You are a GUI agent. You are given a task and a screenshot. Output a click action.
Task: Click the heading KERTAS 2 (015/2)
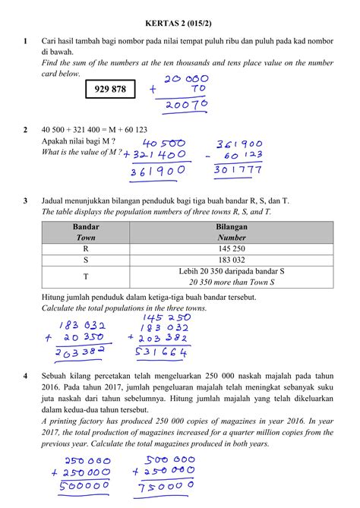[x=179, y=24]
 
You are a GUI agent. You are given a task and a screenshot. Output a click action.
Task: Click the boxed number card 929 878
[x=110, y=90]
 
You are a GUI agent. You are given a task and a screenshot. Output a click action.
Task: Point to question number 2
[x=26, y=130]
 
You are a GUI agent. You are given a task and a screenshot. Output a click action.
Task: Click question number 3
[x=26, y=200]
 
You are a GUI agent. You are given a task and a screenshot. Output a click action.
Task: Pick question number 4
[x=26, y=376]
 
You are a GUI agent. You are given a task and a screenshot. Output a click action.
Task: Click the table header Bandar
[x=86, y=226]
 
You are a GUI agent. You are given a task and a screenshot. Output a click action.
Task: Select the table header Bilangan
[x=231, y=226]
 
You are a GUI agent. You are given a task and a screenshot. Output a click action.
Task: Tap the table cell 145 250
[x=231, y=248]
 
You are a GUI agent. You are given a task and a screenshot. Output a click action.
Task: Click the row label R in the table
[x=86, y=248]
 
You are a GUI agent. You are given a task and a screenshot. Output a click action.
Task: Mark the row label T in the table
[x=86, y=276]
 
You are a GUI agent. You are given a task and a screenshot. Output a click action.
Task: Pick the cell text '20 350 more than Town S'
[x=231, y=282]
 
